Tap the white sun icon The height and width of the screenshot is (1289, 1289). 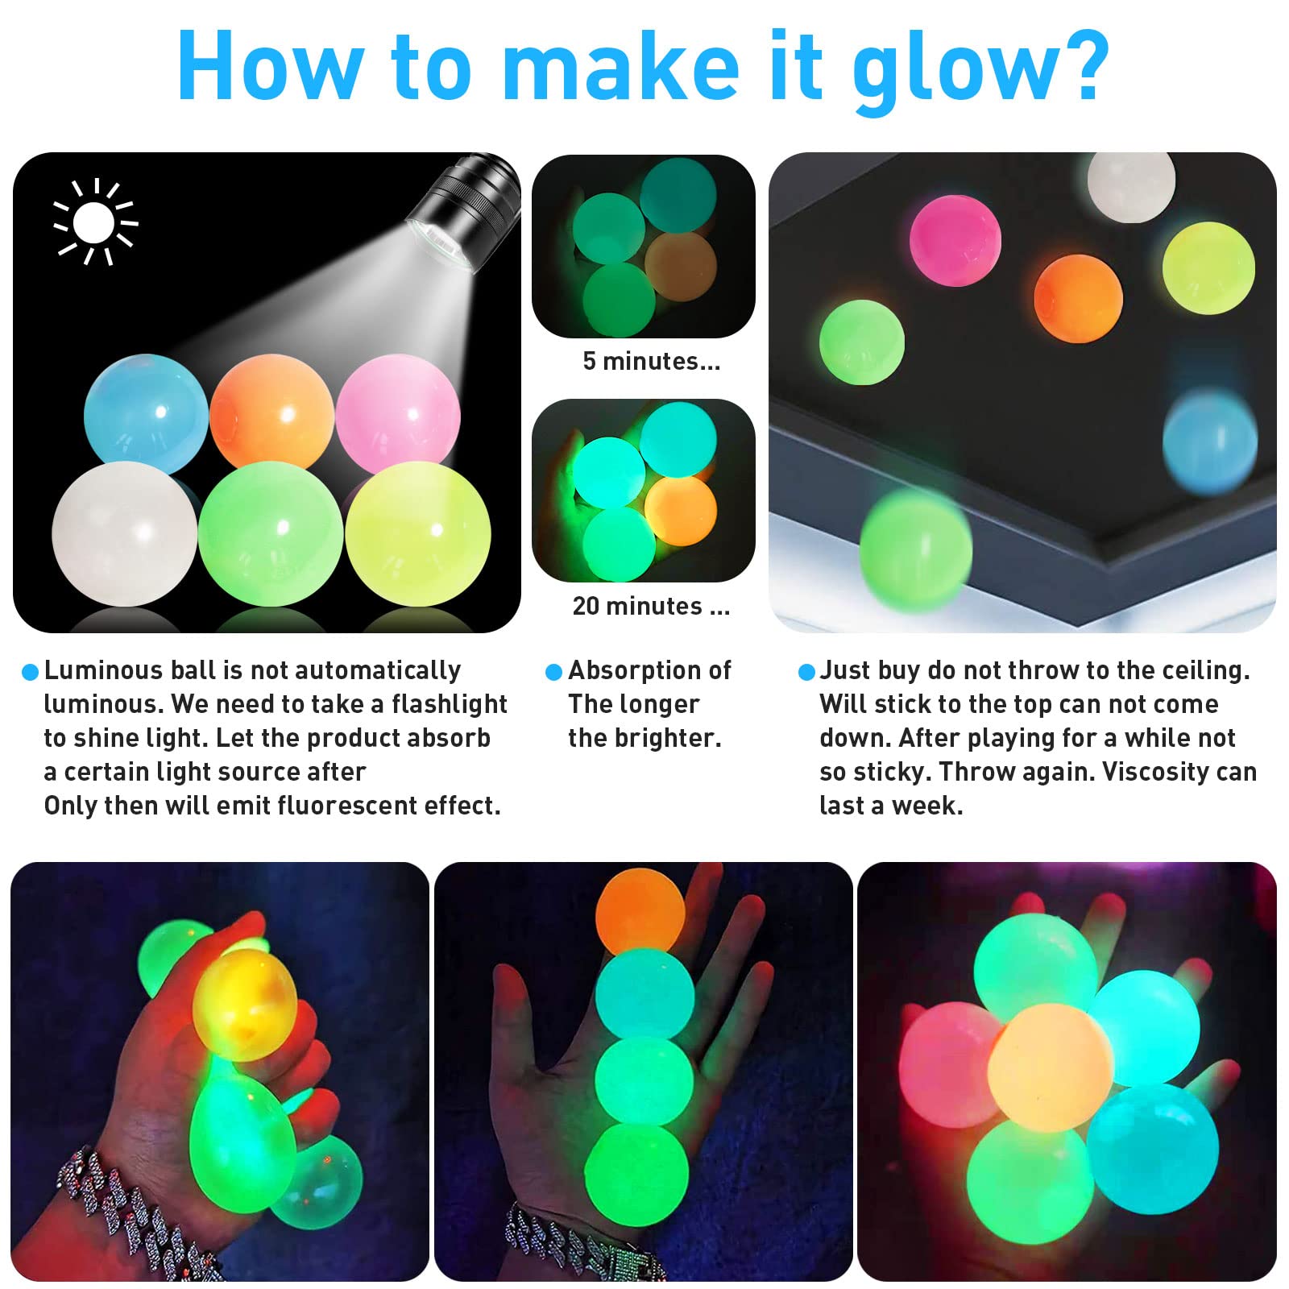coord(94,222)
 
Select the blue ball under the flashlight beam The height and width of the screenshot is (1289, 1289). coord(145,412)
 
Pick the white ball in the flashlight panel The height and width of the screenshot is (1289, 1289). coord(123,533)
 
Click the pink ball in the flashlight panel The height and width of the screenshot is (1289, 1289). coord(398,412)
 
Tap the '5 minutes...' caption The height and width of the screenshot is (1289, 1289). coord(651,361)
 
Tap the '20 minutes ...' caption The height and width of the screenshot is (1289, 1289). coord(651,606)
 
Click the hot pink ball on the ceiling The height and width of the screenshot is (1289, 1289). coord(955,240)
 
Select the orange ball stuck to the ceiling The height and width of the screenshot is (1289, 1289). coord(1078,298)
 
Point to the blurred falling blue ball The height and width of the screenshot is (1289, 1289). coord(1209,441)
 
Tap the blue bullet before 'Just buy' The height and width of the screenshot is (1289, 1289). coord(806,672)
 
